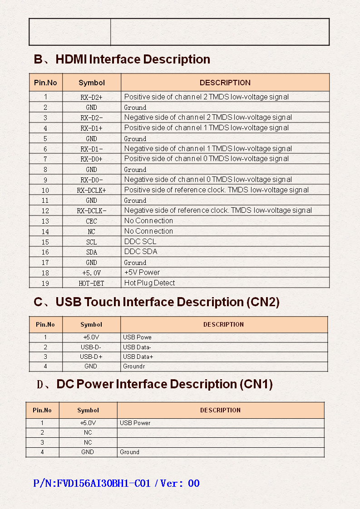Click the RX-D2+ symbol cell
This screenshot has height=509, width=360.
[x=91, y=97]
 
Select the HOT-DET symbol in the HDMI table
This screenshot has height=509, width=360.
[x=91, y=283]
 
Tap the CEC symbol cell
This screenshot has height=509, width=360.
[x=91, y=221]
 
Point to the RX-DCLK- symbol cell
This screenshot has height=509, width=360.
[x=91, y=210]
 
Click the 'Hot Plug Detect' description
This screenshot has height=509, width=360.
[x=149, y=283]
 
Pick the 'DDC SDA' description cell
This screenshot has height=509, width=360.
[x=141, y=251]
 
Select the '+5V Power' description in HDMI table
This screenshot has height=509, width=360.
[x=142, y=272]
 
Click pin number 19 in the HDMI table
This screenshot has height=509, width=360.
[x=45, y=283]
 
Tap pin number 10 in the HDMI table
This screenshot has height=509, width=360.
[x=45, y=190]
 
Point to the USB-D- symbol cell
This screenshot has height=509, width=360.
[x=91, y=347]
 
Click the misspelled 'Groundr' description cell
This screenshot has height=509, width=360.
[x=134, y=366]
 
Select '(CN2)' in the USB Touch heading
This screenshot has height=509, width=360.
[x=263, y=302]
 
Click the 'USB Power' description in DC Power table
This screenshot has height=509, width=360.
[x=135, y=423]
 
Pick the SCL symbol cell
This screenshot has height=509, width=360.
[x=91, y=242]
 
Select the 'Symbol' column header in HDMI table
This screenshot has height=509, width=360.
[x=91, y=83]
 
